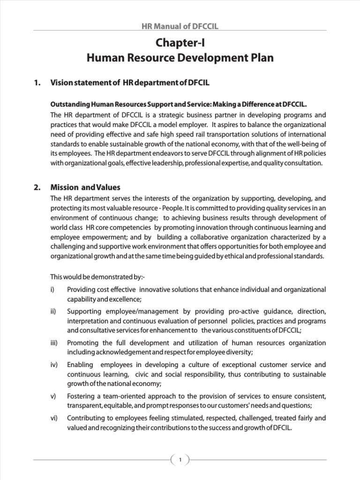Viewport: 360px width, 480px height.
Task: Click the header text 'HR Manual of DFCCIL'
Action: click(x=180, y=27)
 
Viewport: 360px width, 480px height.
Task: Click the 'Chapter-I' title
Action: click(x=180, y=44)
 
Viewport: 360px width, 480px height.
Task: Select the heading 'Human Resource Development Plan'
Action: click(x=180, y=59)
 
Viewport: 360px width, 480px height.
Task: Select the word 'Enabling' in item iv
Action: click(x=80, y=365)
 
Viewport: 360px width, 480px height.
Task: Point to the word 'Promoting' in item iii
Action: click(x=82, y=343)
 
